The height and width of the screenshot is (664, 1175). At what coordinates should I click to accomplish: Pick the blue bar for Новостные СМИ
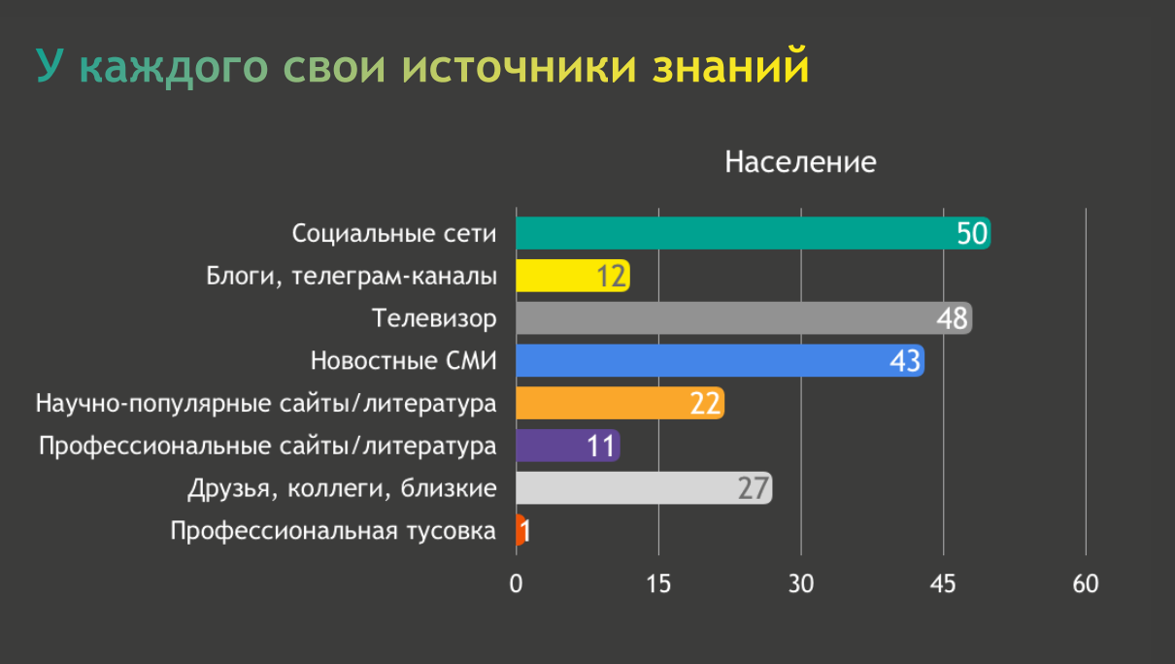pyautogui.click(x=699, y=361)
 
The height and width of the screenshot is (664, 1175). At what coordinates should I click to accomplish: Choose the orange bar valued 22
pyautogui.click(x=602, y=403)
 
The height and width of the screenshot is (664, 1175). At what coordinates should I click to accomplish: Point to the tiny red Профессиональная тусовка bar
pyautogui.click(x=520, y=530)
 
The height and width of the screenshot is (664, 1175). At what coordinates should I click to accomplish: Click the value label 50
pyautogui.click(x=971, y=234)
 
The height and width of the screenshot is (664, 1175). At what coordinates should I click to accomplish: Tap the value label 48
pyautogui.click(x=953, y=318)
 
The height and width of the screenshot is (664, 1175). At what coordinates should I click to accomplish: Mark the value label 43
pyautogui.click(x=905, y=361)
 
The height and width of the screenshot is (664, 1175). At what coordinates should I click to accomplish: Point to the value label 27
pyautogui.click(x=753, y=487)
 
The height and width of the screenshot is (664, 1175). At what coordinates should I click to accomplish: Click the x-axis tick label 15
pyautogui.click(x=658, y=584)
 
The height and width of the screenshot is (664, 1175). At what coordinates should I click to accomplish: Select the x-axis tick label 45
pyautogui.click(x=943, y=584)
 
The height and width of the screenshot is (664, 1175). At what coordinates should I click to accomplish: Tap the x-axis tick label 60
pyautogui.click(x=1086, y=584)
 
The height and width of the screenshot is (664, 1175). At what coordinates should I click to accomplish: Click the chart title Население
pyautogui.click(x=800, y=162)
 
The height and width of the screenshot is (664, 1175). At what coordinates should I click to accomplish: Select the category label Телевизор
pyautogui.click(x=435, y=318)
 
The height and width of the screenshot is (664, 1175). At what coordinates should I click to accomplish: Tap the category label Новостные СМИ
pyautogui.click(x=404, y=361)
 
